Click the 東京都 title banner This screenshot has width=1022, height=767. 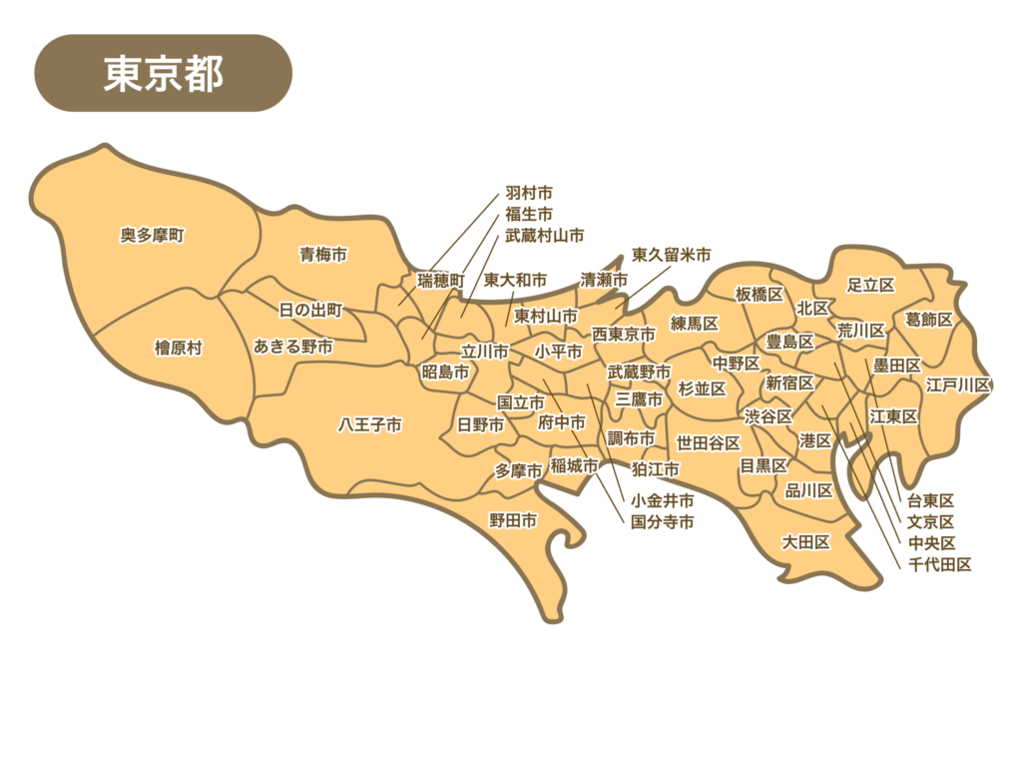click(163, 73)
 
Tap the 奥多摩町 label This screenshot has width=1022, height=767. click(153, 236)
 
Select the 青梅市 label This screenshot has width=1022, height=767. click(323, 255)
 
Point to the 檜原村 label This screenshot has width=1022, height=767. click(178, 348)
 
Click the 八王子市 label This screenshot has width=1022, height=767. click(369, 424)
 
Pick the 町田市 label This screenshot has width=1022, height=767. click(513, 520)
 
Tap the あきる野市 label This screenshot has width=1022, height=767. click(293, 346)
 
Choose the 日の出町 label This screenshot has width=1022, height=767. click(310, 311)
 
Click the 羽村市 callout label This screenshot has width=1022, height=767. click(529, 191)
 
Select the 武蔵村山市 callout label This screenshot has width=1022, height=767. click(544, 235)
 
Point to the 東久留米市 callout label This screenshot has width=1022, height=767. click(671, 256)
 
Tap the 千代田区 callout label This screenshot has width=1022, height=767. click(939, 565)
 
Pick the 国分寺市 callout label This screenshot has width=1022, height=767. click(662, 521)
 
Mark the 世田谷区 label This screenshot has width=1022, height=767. click(708, 442)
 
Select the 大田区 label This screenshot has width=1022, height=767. click(805, 542)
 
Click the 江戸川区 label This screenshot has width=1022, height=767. click(957, 384)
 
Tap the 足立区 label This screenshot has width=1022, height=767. click(870, 285)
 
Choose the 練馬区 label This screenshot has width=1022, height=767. click(695, 324)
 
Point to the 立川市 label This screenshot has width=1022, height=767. click(484, 352)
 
